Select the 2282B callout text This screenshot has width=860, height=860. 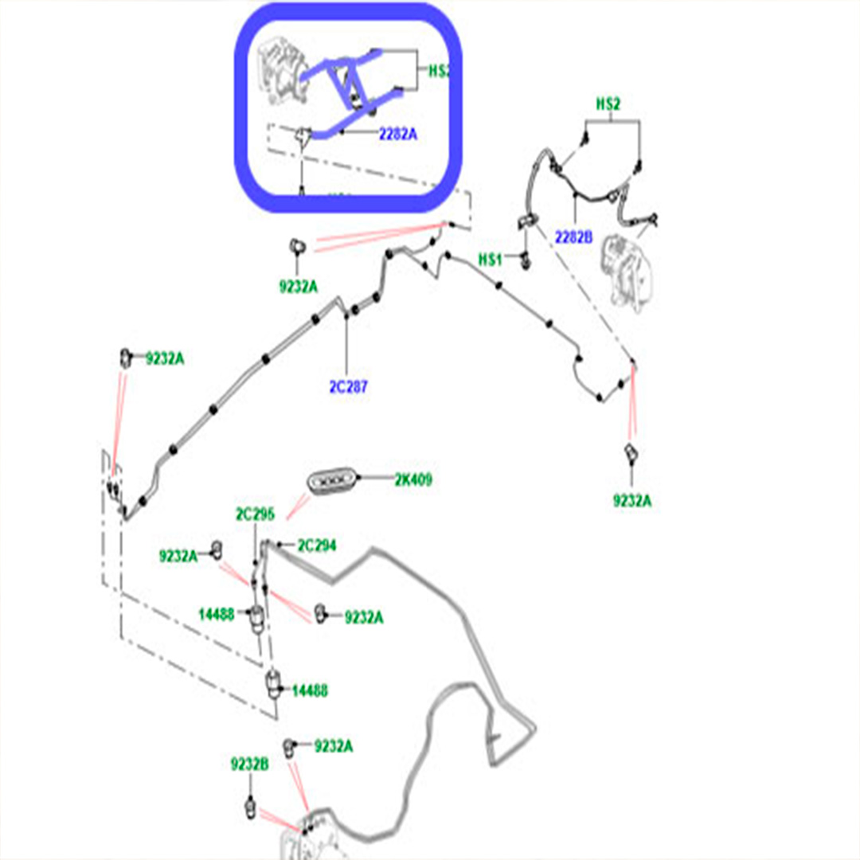573,236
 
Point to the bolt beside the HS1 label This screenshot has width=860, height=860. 525,259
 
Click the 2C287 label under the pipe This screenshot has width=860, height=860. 349,388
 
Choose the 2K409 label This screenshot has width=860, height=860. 412,480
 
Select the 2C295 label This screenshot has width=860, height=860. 255,514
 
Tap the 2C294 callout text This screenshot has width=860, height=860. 316,545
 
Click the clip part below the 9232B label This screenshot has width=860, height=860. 251,806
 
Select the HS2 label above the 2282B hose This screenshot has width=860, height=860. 608,104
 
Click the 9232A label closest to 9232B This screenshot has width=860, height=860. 333,746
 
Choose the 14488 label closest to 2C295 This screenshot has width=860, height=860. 217,614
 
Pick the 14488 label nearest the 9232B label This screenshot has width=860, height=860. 309,690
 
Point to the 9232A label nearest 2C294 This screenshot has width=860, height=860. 364,617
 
